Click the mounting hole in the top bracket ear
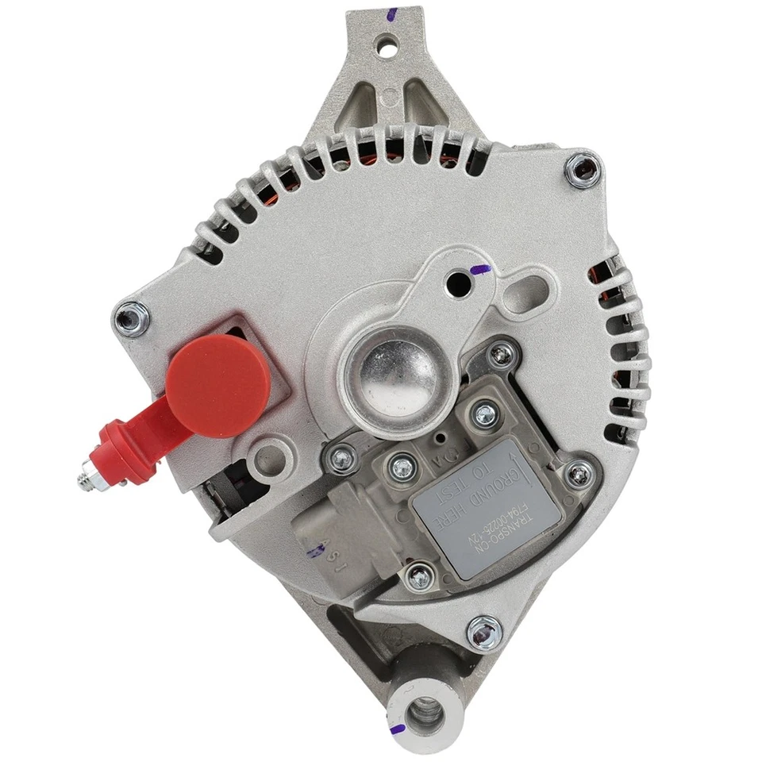pyautogui.click(x=387, y=44)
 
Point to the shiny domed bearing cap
pyautogui.click(x=389, y=373)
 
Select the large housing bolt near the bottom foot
pyautogui.click(x=483, y=632)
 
